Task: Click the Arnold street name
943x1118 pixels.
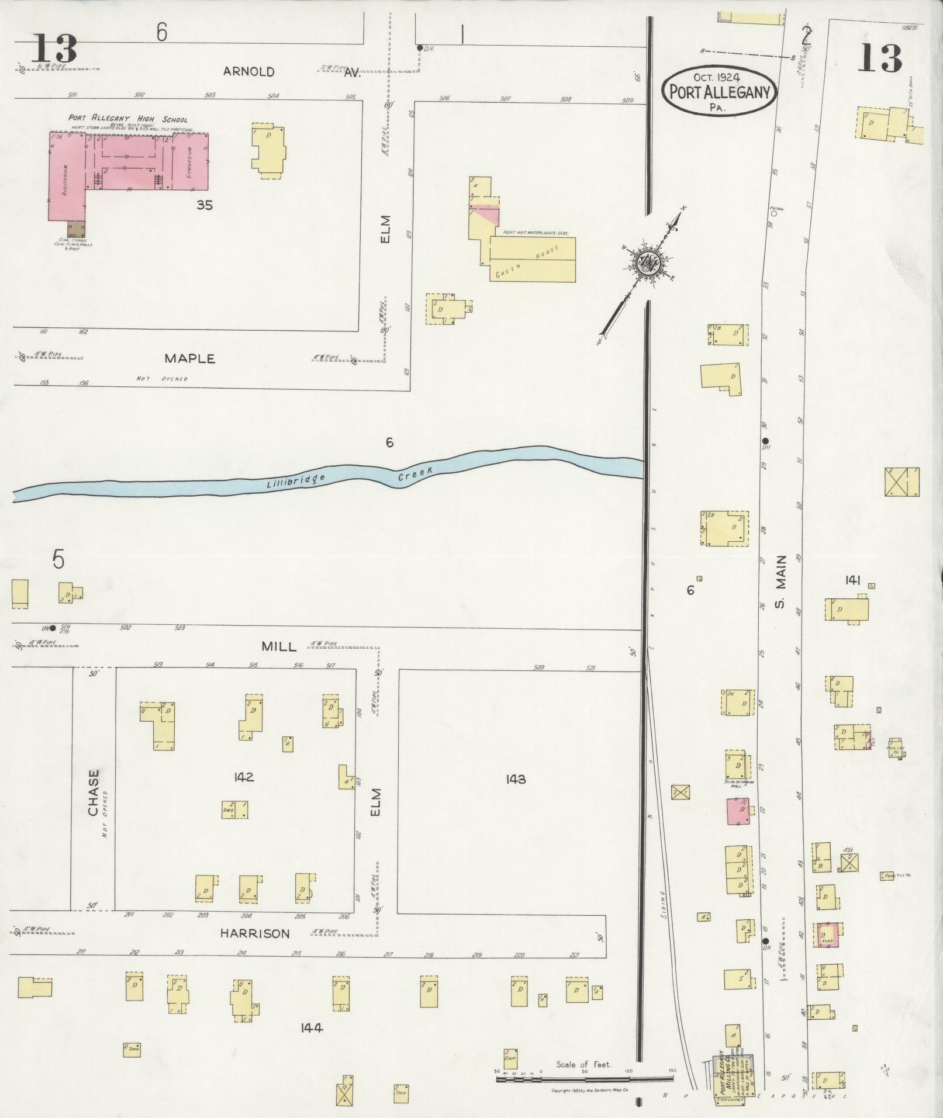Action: (x=248, y=72)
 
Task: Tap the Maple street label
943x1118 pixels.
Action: (x=189, y=358)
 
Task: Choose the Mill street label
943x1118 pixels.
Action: (x=279, y=646)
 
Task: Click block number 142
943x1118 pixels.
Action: (x=243, y=777)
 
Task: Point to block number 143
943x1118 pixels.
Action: (x=517, y=779)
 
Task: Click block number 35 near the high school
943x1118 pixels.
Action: (x=204, y=205)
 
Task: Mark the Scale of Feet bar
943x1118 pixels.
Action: (x=585, y=1078)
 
